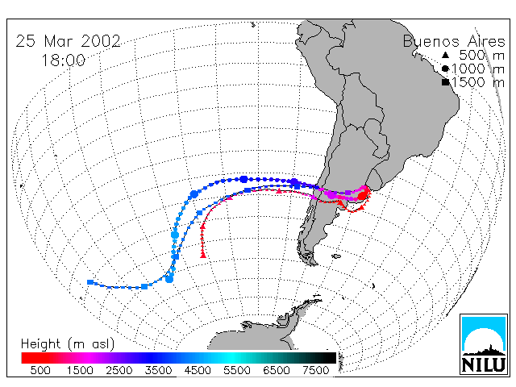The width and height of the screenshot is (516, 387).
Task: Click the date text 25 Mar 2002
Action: click(68, 41)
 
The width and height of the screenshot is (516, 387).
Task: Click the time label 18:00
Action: click(63, 60)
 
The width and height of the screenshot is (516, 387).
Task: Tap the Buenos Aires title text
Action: click(454, 42)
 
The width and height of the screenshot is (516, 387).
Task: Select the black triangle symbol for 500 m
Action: click(445, 55)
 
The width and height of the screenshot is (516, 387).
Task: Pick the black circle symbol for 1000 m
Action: click(445, 69)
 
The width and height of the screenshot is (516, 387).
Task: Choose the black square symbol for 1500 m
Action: click(445, 82)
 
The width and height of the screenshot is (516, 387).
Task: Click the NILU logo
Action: click(484, 344)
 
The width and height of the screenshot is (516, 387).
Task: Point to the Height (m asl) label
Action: click(68, 344)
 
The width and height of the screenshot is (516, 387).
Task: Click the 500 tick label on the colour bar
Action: click(40, 371)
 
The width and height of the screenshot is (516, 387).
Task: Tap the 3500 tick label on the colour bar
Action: click(158, 371)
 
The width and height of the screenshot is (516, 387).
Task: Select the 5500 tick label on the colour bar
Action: click(237, 371)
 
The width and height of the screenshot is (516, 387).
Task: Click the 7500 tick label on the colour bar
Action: click(316, 371)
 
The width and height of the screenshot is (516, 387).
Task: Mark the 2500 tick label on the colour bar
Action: click(119, 371)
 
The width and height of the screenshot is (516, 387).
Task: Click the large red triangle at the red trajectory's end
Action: click(203, 255)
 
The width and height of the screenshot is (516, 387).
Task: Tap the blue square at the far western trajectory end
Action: click(90, 282)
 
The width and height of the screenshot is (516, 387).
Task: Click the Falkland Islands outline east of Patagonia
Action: click(336, 256)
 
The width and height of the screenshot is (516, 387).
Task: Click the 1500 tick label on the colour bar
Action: click(80, 371)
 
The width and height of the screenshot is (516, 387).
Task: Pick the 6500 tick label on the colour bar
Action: click(277, 371)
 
